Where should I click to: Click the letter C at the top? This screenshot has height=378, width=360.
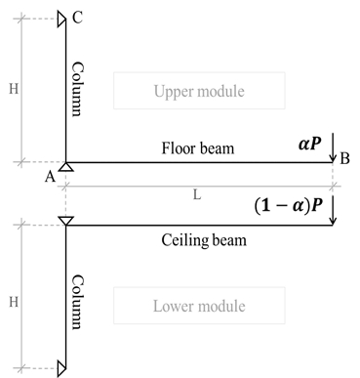pos(78,17)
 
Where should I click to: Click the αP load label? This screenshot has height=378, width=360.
pos(312,143)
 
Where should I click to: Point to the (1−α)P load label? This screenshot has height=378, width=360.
pos(289,207)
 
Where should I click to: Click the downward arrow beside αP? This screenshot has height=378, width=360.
pos(334,147)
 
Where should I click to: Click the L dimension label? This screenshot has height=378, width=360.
pos(197,195)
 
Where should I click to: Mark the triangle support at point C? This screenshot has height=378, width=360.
pos(61,18)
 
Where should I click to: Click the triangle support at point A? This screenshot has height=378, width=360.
pos(64,168)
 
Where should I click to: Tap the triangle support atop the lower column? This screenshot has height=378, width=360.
pos(64,222)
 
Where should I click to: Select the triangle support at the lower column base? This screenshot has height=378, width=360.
pos(61,368)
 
